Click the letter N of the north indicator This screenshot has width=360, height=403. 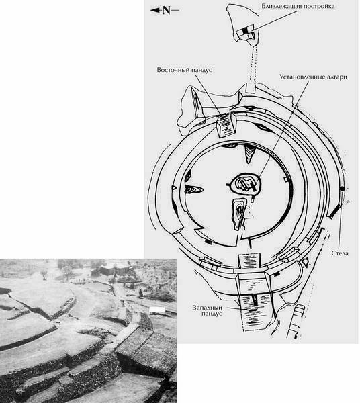(167, 11)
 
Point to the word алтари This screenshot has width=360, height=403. (337, 77)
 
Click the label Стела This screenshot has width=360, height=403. (340, 253)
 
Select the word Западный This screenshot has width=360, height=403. (207, 308)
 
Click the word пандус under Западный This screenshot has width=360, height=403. (212, 314)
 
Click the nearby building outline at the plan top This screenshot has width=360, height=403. (246, 34)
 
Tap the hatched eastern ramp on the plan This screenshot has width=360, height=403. (225, 124)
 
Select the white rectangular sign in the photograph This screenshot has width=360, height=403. (157, 310)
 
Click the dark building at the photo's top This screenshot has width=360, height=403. (111, 270)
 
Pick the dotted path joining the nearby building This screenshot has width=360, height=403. (253, 63)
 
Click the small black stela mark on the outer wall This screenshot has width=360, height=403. (342, 189)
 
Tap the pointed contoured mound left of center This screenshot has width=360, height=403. (193, 189)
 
